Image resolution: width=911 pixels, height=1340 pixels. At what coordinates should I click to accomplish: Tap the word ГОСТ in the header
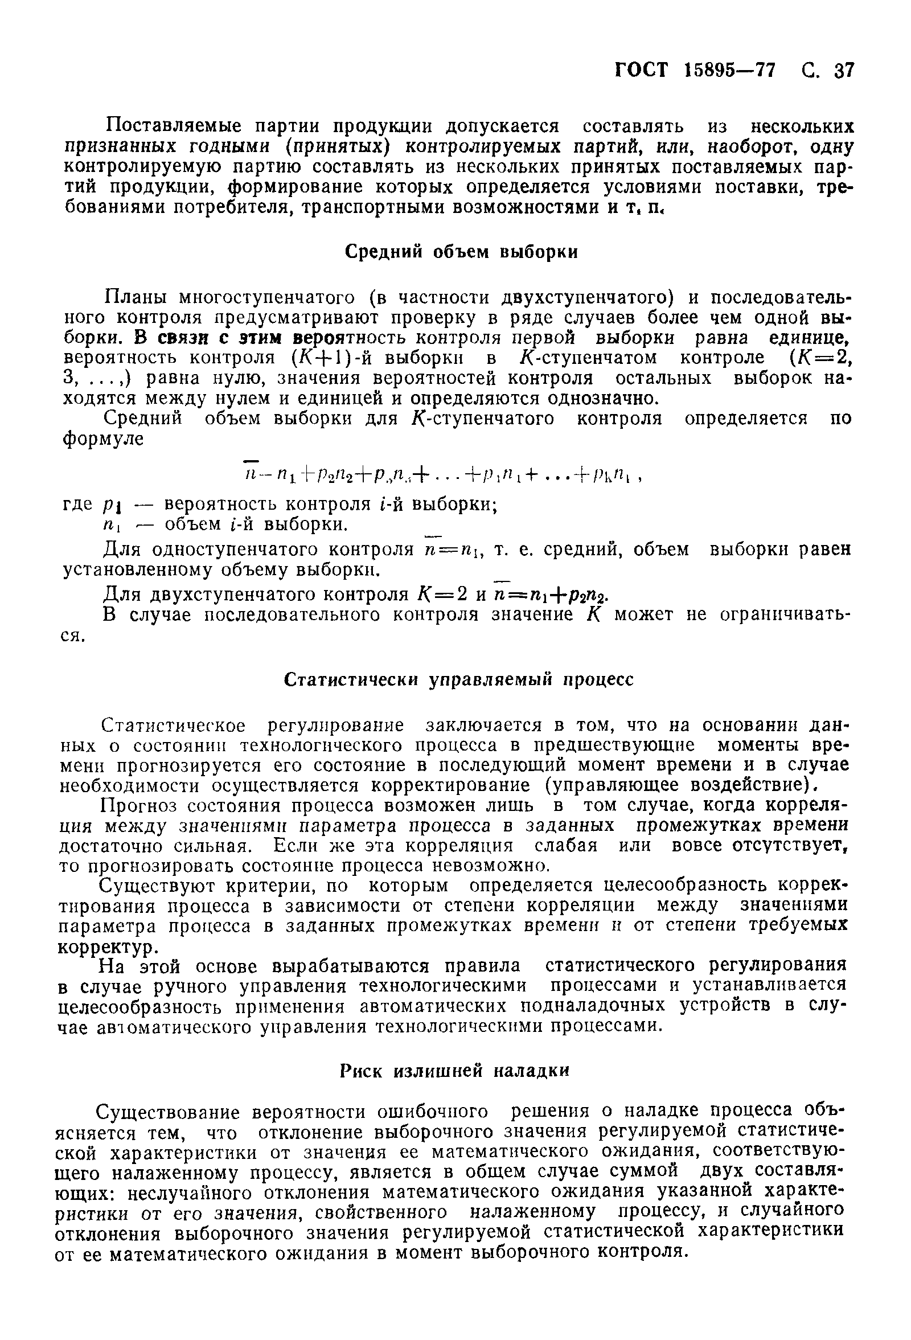pyautogui.click(x=641, y=71)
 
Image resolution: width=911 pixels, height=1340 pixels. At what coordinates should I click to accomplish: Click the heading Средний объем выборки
pyautogui.click(x=461, y=252)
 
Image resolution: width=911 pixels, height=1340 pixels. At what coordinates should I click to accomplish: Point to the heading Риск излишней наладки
pyautogui.click(x=453, y=1071)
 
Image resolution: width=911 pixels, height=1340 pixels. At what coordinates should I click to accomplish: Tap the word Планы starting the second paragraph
pyautogui.click(x=136, y=297)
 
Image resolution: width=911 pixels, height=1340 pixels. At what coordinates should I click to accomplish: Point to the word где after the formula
pyautogui.click(x=77, y=505)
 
